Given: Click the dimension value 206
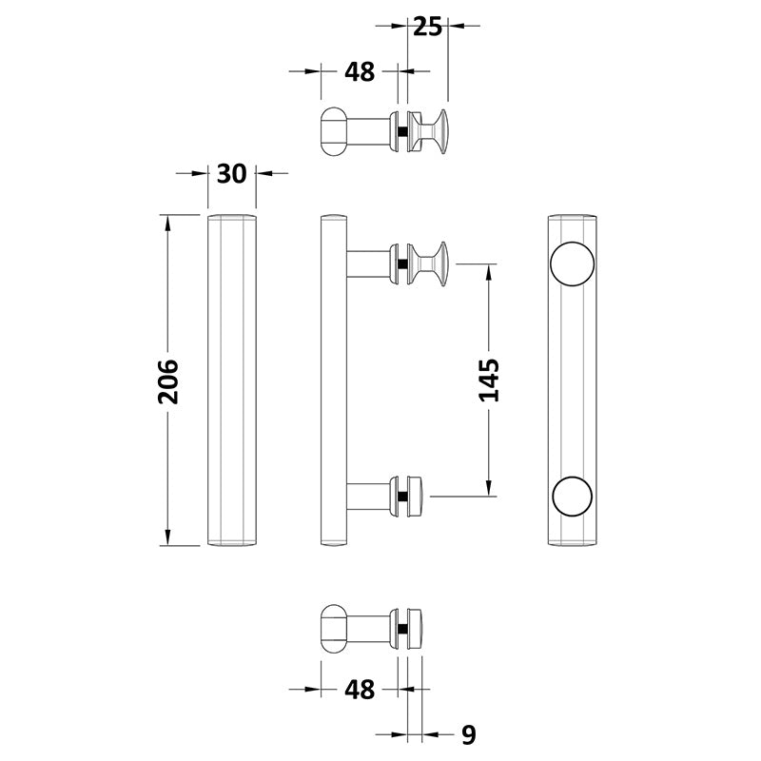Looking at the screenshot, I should click(167, 381).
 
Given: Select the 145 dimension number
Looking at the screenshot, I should click(489, 380).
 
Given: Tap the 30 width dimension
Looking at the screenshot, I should click(231, 173).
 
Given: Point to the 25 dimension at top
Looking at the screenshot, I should click(428, 26).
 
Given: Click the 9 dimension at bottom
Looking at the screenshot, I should click(466, 734).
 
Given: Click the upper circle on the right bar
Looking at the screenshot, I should click(573, 264).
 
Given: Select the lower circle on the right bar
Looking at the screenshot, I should click(573, 496).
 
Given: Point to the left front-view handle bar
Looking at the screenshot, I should click(231, 380).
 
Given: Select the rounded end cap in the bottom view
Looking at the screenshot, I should click(332, 628).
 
